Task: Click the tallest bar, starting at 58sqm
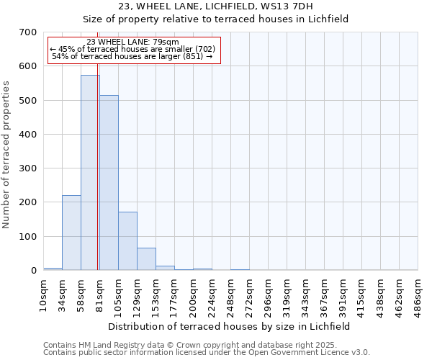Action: coord(90,173)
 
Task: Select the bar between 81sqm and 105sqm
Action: coord(109,183)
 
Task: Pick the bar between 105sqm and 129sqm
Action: coord(127,241)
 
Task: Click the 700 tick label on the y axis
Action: coord(29,32)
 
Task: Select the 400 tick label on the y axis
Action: coord(29,135)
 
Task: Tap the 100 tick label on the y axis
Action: coord(29,237)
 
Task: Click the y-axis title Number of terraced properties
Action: coord(6,154)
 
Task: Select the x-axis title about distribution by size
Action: coord(230,326)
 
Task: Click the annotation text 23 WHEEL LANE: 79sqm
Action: coord(132,42)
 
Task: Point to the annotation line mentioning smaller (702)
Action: coord(132,49)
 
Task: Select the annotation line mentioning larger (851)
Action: coord(132,56)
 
